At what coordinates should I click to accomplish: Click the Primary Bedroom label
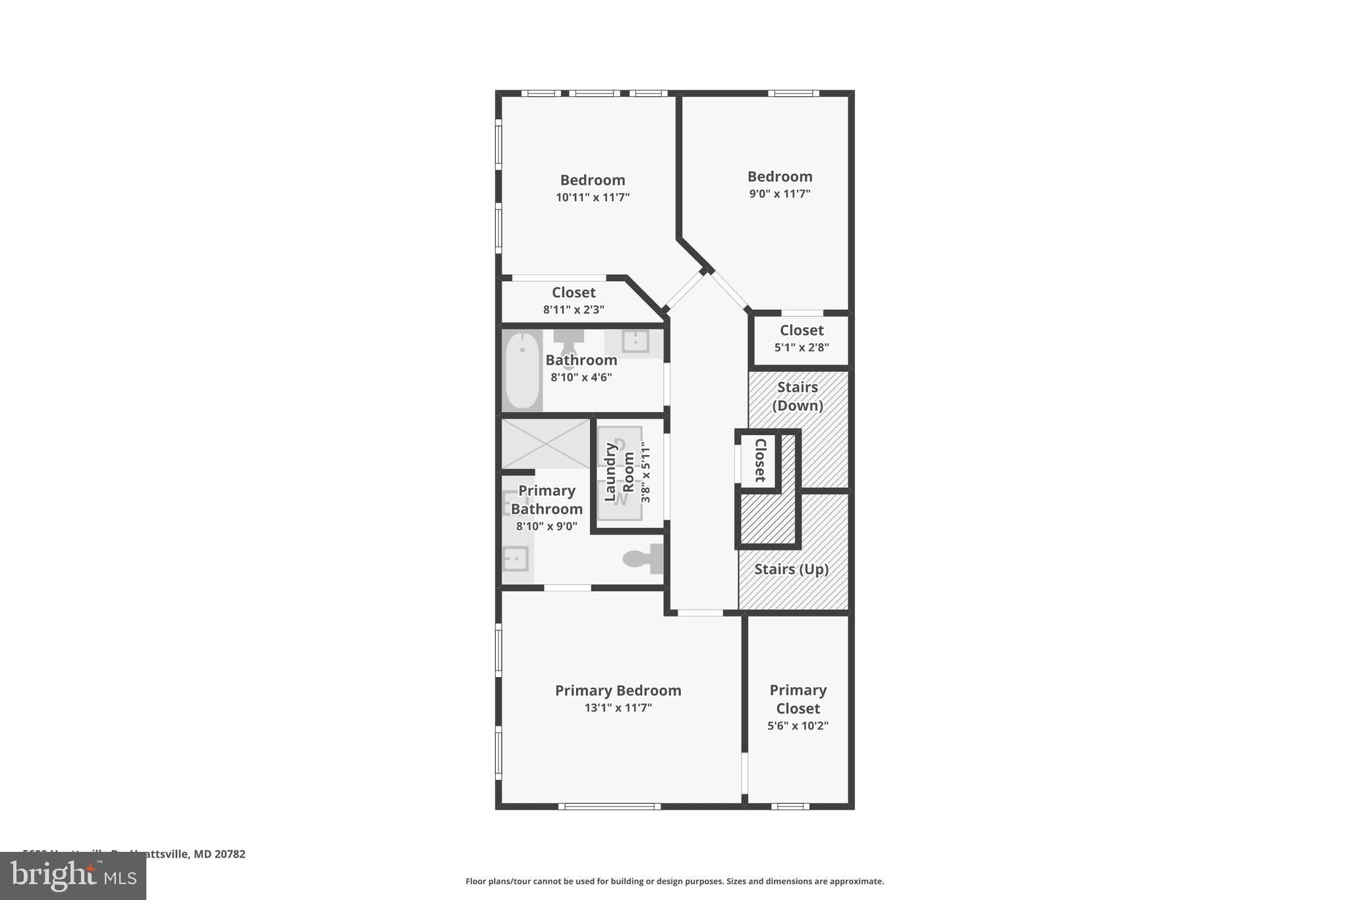point(618,690)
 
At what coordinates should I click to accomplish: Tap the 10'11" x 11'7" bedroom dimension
point(593,197)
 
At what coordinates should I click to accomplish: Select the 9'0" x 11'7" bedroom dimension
point(779,194)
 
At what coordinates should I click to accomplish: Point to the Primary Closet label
point(798,699)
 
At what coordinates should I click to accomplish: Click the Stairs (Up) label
point(791,569)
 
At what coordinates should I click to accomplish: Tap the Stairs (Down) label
point(798,396)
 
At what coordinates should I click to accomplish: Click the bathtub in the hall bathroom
point(522,371)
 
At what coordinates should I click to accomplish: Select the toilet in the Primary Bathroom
point(643,558)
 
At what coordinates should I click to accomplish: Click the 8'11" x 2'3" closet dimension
point(573,309)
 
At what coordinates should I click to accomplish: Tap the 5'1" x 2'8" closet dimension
point(802,347)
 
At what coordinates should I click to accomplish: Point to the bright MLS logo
point(73,876)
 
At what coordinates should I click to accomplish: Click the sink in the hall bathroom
point(635,341)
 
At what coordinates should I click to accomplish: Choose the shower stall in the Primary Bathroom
point(546,444)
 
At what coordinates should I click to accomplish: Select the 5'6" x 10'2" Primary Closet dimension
point(798,726)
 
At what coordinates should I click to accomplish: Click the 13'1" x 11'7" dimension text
point(618,708)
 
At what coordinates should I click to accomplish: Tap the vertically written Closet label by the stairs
point(759,460)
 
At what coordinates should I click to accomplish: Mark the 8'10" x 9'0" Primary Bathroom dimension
point(546,526)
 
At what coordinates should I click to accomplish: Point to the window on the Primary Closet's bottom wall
point(790,806)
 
